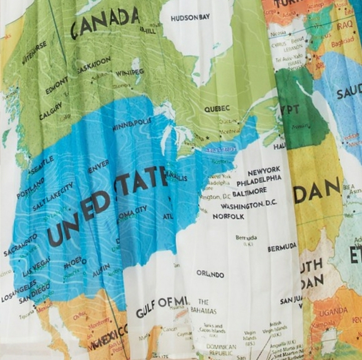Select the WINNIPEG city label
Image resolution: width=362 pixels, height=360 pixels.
pyautogui.click(x=129, y=73)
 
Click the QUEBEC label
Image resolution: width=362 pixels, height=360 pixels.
pyautogui.click(x=217, y=109)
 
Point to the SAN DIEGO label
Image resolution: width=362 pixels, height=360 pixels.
pyautogui.click(x=34, y=291)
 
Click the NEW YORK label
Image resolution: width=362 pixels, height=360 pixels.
pyautogui.click(x=263, y=170)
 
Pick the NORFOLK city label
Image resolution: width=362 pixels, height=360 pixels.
pyautogui.click(x=228, y=216)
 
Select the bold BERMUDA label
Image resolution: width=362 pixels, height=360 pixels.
pyautogui.click(x=282, y=247)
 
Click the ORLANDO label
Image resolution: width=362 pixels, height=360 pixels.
pyautogui.click(x=210, y=273)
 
